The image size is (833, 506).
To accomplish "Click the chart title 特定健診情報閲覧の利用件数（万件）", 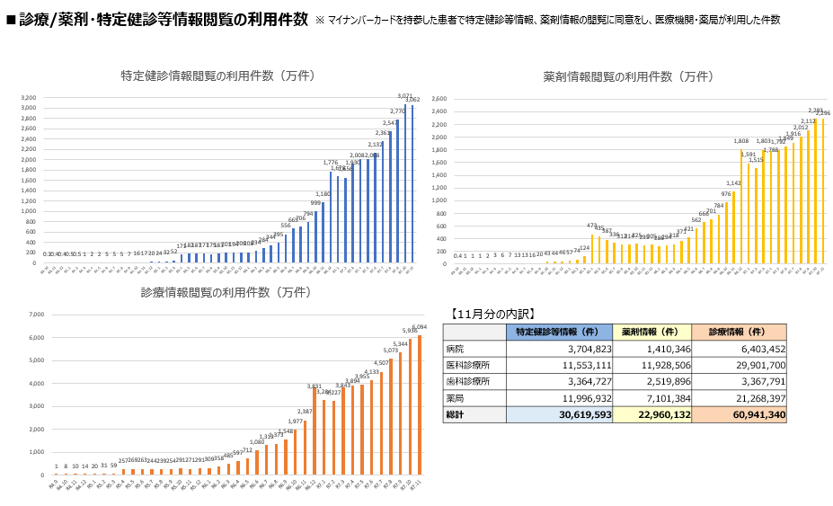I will pyautogui.click(x=217, y=76).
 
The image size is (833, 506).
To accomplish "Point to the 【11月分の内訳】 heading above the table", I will pyautogui.click(x=489, y=314).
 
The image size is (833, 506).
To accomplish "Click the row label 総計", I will pyautogui.click(x=456, y=414).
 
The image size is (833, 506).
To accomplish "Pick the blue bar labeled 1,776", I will pyautogui.click(x=331, y=216).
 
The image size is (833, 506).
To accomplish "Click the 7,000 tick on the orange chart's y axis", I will pyautogui.click(x=37, y=315).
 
